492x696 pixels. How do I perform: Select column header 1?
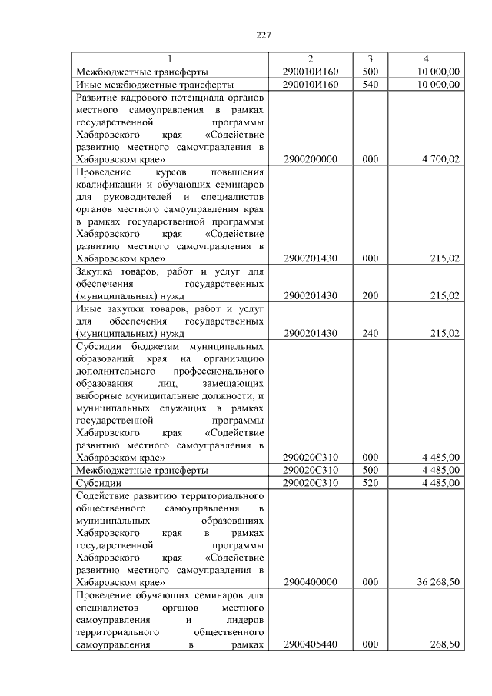[x=170, y=59]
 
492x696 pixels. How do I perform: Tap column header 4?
[x=426, y=59]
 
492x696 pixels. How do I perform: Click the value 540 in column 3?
[x=370, y=84]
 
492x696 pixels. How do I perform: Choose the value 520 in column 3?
[x=370, y=482]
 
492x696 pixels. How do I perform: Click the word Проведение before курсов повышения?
[x=104, y=172]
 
